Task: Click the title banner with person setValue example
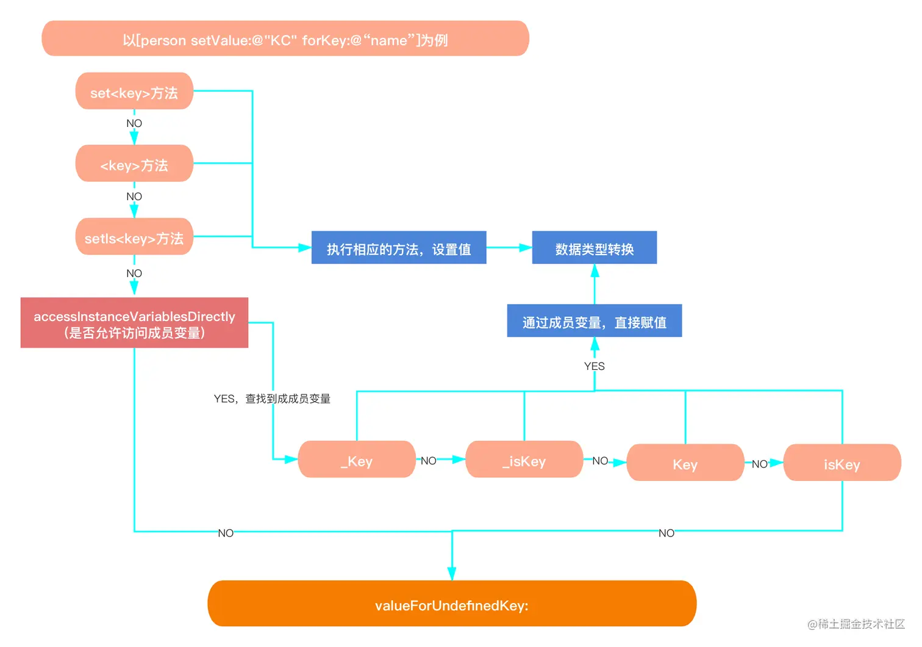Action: tap(285, 39)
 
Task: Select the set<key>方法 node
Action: tap(134, 92)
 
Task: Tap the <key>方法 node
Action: tap(134, 164)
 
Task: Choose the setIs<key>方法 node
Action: tap(134, 237)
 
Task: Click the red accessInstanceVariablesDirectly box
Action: tap(134, 323)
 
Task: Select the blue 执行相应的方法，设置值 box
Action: tap(399, 248)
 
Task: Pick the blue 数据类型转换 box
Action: tap(594, 248)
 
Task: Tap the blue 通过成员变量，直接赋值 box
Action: tap(594, 321)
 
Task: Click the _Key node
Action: tap(357, 460)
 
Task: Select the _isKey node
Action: tap(524, 460)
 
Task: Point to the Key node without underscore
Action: tap(685, 463)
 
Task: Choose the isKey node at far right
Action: tap(842, 463)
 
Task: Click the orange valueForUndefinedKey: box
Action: tap(452, 604)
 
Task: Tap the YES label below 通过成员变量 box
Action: tap(594, 366)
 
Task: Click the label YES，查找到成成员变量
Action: tap(272, 399)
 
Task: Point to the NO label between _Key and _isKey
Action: tap(429, 461)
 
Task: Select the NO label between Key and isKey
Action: tap(759, 464)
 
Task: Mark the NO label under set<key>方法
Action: tap(134, 123)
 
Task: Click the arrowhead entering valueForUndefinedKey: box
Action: tap(452, 573)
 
